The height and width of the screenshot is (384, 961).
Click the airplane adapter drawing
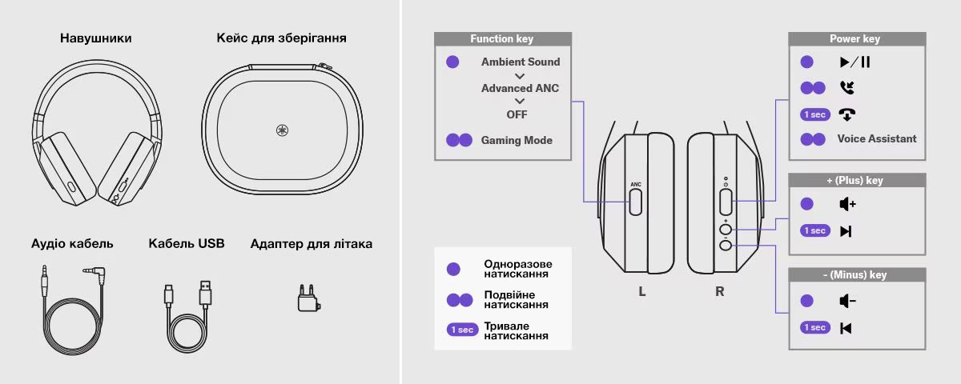pyautogui.click(x=309, y=298)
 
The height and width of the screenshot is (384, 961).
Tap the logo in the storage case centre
pyautogui.click(x=282, y=130)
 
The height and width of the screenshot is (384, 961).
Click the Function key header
pyautogui.click(x=502, y=39)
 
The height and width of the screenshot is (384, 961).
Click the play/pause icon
pyautogui.click(x=854, y=62)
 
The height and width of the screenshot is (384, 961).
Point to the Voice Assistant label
pyautogui.click(x=876, y=139)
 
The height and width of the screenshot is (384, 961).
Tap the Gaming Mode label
pyautogui.click(x=517, y=140)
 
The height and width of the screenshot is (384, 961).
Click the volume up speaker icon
pyautogui.click(x=848, y=204)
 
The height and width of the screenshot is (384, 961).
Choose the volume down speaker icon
pyautogui.click(x=848, y=301)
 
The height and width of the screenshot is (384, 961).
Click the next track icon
pyautogui.click(x=846, y=231)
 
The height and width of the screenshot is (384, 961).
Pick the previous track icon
pyautogui.click(x=846, y=328)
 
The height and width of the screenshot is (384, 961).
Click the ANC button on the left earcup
pyautogui.click(x=635, y=202)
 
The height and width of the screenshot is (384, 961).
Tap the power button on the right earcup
pyautogui.click(x=726, y=202)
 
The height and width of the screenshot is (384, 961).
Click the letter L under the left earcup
pyautogui.click(x=641, y=291)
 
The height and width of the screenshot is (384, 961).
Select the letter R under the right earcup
pyautogui.click(x=719, y=291)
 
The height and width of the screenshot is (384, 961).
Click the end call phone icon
pyautogui.click(x=847, y=114)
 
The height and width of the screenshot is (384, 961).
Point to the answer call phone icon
pyautogui.click(x=847, y=87)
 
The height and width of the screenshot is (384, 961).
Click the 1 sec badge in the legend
pyautogui.click(x=462, y=330)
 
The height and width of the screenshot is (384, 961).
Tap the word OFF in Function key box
pyautogui.click(x=517, y=115)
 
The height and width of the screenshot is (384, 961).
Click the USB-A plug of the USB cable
pyautogui.click(x=206, y=292)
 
